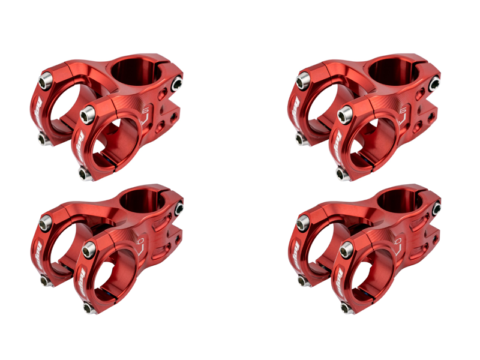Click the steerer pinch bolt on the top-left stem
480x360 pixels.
(177, 84)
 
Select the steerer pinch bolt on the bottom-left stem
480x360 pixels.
(179, 208)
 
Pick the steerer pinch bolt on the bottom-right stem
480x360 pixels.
(436, 208)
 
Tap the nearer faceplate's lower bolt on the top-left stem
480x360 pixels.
(83, 173)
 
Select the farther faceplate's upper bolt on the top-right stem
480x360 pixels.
(302, 77)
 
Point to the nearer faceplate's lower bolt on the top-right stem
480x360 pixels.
(341, 174)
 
